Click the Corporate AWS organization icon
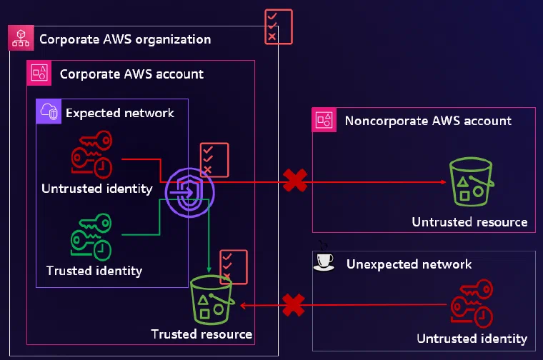click(21, 38)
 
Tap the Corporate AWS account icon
click(39, 73)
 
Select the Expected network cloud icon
click(49, 111)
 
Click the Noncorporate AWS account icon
click(324, 120)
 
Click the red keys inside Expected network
click(91, 154)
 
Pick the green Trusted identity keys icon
click(91, 236)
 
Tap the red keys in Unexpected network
click(472, 304)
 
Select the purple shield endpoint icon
click(190, 192)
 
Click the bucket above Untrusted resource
click(472, 181)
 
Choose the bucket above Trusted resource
click(212, 300)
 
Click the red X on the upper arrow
click(295, 180)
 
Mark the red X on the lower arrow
click(294, 305)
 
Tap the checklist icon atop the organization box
click(279, 27)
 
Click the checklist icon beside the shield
click(214, 160)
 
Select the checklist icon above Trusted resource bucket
click(234, 267)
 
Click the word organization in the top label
click(173, 40)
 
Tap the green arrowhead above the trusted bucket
click(209, 269)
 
